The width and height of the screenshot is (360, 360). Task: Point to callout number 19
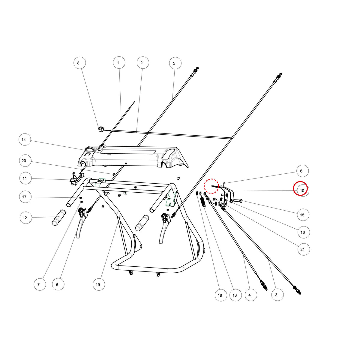pos(99,284)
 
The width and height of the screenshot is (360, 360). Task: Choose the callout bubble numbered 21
pos(304,249)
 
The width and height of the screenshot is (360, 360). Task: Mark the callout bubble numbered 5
pos(175,63)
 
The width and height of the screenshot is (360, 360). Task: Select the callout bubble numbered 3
pos(277,295)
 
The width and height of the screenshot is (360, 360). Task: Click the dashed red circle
pos(211,186)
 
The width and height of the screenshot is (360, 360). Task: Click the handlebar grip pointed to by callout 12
pos(59,217)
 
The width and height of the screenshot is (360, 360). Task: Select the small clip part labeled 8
pos(101,129)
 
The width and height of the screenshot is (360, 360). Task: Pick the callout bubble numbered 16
pos(304,232)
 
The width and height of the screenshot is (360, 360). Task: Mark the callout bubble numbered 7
pos(40,284)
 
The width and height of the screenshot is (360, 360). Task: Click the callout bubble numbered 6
pos(302,171)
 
